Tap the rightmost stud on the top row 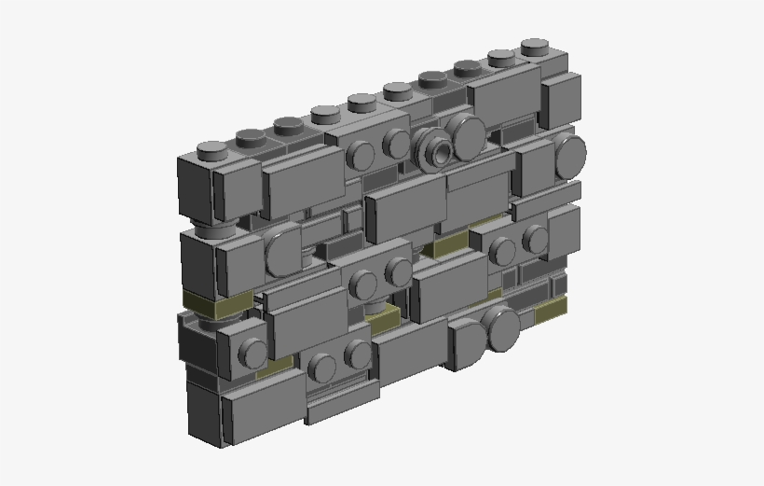point(534,46)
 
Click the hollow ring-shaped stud point(434,147)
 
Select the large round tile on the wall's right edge point(569,154)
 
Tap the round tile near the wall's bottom point(499,328)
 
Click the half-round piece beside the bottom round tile point(467,344)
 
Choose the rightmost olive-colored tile point(551,310)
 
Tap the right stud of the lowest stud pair point(357,354)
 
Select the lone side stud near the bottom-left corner point(252,352)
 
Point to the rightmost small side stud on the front point(535,239)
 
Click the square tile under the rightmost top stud point(561,98)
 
